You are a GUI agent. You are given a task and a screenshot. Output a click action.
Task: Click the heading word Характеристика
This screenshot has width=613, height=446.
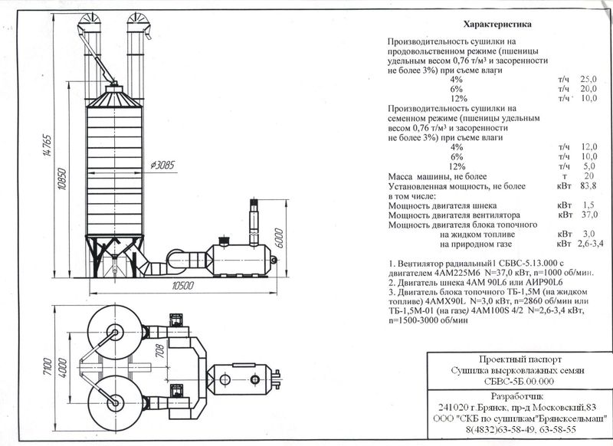(x=497, y=25)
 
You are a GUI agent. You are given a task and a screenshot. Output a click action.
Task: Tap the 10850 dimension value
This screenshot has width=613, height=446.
(x=62, y=179)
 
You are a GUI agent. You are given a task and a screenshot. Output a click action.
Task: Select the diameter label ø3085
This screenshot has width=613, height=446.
(x=162, y=165)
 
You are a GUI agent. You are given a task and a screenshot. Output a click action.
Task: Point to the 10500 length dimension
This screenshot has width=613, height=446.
(x=182, y=286)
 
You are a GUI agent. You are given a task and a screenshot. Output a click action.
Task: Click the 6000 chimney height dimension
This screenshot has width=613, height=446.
(x=279, y=238)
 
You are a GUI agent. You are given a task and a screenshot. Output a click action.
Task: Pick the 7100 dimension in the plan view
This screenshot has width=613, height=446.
(x=48, y=366)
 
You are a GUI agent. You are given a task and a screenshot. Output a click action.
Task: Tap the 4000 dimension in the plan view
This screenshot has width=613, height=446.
(x=62, y=367)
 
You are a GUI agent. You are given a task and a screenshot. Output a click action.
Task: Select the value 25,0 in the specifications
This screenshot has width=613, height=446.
(x=588, y=80)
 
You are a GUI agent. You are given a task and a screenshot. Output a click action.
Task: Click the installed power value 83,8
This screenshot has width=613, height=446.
(x=588, y=185)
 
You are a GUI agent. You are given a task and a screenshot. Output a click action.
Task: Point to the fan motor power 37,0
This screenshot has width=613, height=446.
(x=589, y=215)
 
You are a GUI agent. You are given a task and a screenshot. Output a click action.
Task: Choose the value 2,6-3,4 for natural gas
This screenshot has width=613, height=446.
(x=590, y=244)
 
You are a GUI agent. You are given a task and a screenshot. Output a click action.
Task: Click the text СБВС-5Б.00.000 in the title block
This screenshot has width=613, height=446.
(x=519, y=381)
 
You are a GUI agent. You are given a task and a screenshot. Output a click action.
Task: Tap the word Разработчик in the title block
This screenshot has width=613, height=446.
(x=517, y=396)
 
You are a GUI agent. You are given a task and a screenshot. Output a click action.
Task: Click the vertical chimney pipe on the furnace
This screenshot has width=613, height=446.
(x=254, y=221)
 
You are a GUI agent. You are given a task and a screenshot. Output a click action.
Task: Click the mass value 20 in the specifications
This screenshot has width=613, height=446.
(x=588, y=176)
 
